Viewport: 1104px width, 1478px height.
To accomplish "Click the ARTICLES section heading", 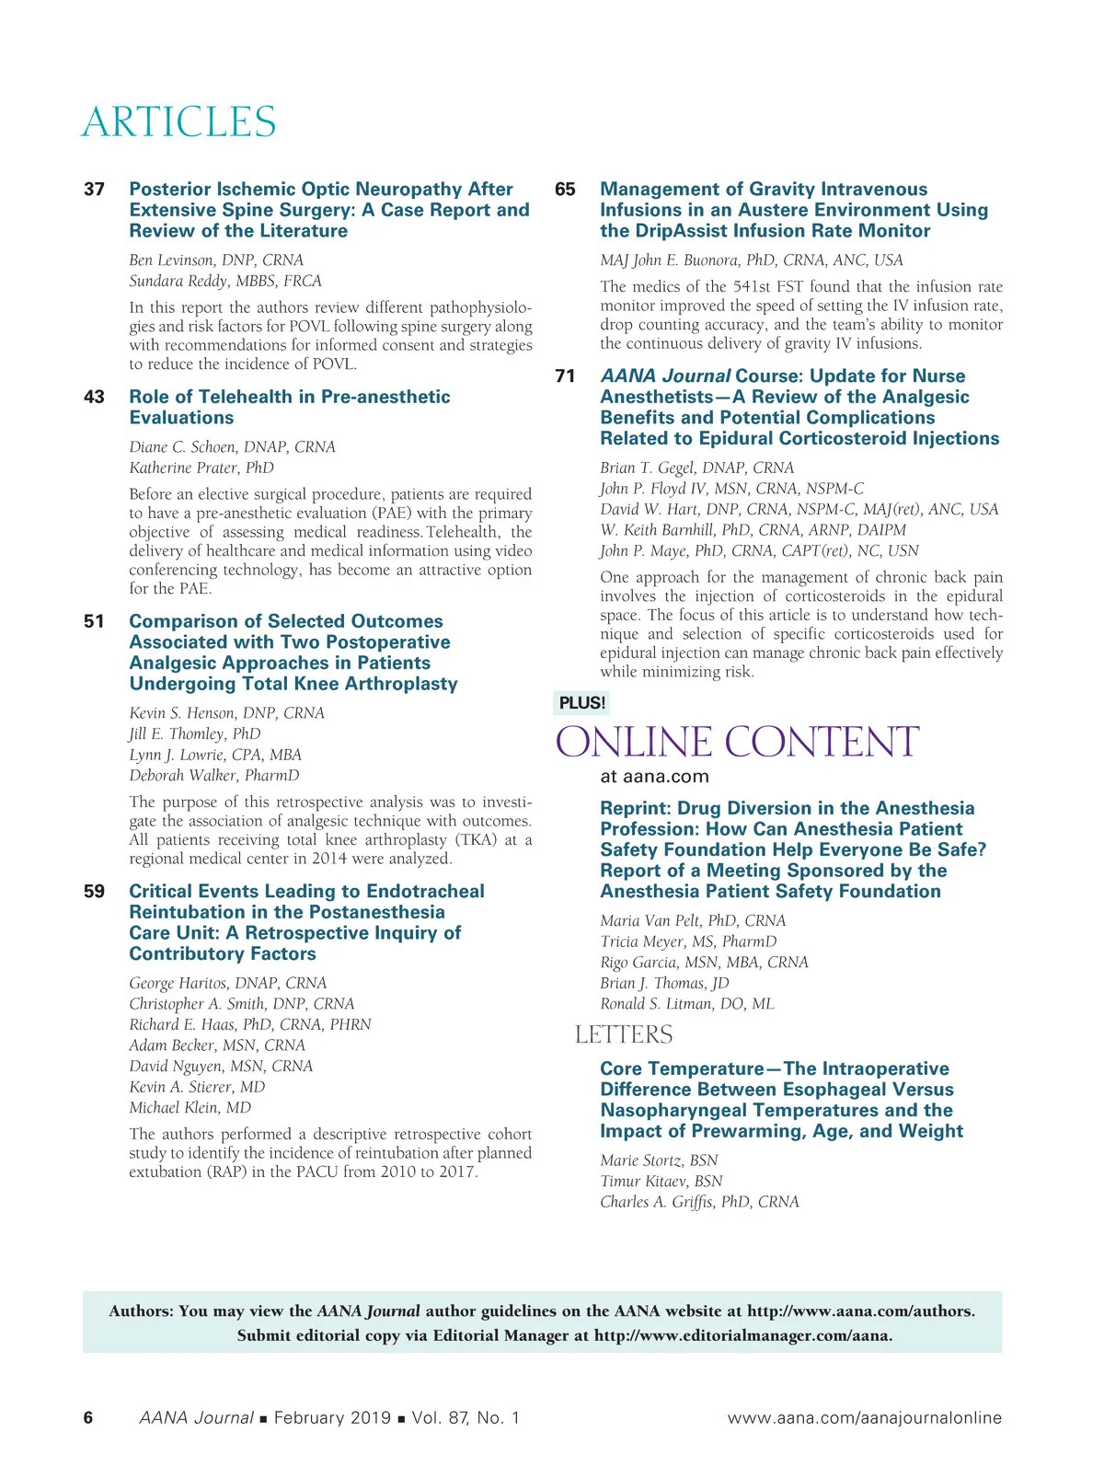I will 178,122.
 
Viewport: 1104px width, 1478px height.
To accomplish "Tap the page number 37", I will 94,190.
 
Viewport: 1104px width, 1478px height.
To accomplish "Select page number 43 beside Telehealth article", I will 94,398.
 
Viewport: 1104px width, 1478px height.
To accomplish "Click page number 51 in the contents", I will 94,622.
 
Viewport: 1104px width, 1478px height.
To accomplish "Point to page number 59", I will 94,892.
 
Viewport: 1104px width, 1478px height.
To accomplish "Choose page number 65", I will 565,190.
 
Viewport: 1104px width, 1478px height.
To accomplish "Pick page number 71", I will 565,376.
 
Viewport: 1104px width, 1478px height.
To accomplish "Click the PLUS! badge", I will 581,703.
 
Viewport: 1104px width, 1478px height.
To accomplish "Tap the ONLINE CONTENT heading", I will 737,743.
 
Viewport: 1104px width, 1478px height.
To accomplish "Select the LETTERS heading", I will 624,1035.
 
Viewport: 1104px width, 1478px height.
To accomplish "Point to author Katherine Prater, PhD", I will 201,468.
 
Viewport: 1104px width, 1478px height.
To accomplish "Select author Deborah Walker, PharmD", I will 214,776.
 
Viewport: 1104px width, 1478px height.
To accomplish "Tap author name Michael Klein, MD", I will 190,1108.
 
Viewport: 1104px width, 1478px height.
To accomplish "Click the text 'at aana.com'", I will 654,777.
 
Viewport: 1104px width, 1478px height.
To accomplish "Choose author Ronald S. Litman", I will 687,1004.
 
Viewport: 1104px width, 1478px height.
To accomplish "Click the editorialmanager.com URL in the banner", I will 742,1336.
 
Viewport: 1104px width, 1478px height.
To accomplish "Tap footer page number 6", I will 88,1418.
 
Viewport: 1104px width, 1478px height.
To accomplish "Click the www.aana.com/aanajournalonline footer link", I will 864,1418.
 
